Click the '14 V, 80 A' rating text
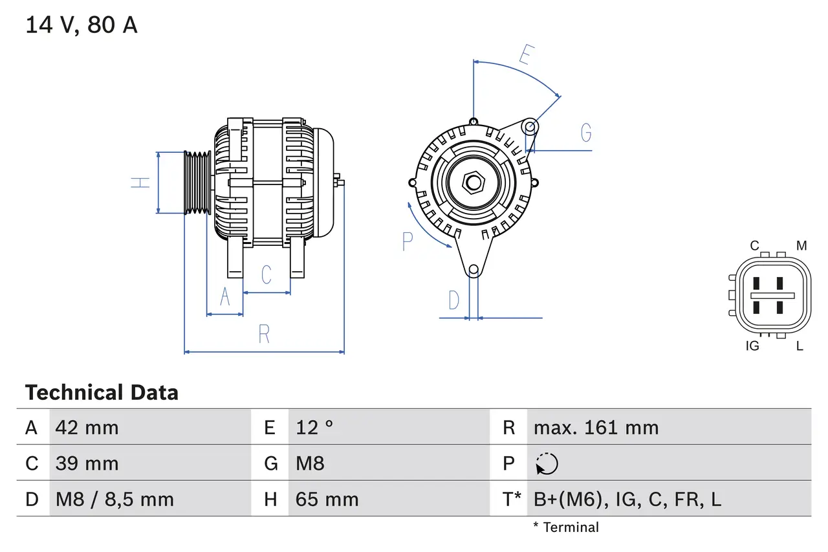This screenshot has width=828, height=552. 81,25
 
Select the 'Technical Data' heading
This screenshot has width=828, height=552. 102,392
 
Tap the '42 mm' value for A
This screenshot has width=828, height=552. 87,427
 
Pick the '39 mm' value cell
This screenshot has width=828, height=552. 87,463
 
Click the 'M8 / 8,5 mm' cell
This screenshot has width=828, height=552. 114,499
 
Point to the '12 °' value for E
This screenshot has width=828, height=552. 314,427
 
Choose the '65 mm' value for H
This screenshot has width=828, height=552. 327,499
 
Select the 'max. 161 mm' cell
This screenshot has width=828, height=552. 596,427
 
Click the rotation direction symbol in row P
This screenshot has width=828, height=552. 547,464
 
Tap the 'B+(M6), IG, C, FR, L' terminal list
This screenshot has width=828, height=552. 627,499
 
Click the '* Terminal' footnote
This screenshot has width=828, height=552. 565,527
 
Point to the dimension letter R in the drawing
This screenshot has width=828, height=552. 264,334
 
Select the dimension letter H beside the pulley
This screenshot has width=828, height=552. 140,182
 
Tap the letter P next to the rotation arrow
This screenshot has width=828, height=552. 407,241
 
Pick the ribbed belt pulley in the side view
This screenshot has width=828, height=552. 198,182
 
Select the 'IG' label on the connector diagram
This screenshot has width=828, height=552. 752,346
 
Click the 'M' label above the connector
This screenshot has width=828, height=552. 801,246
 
